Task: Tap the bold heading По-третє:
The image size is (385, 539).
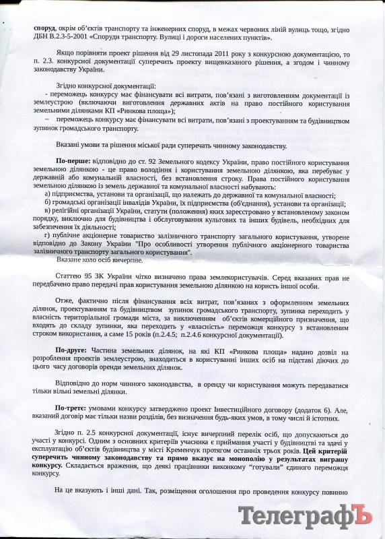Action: (x=75, y=408)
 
